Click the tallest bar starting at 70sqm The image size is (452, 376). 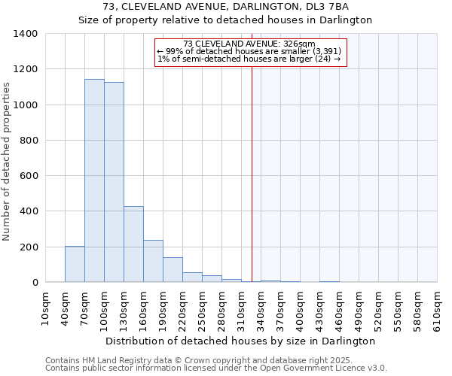click(94, 180)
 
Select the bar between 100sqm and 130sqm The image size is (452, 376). click(114, 182)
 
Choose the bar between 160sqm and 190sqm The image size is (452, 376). click(153, 261)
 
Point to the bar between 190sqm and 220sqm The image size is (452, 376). click(173, 269)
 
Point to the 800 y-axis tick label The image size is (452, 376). click(29, 141)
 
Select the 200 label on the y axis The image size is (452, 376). click(29, 247)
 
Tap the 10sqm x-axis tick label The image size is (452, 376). click(46, 307)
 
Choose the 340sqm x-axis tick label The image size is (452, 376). click(261, 307)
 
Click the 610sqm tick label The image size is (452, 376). click(438, 307)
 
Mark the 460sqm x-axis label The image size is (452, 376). click(340, 307)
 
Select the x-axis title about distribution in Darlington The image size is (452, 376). click(240, 341)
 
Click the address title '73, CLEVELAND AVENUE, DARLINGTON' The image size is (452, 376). click(226, 7)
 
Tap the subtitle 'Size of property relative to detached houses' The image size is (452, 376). click(226, 20)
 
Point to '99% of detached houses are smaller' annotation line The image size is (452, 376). click(251, 51)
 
